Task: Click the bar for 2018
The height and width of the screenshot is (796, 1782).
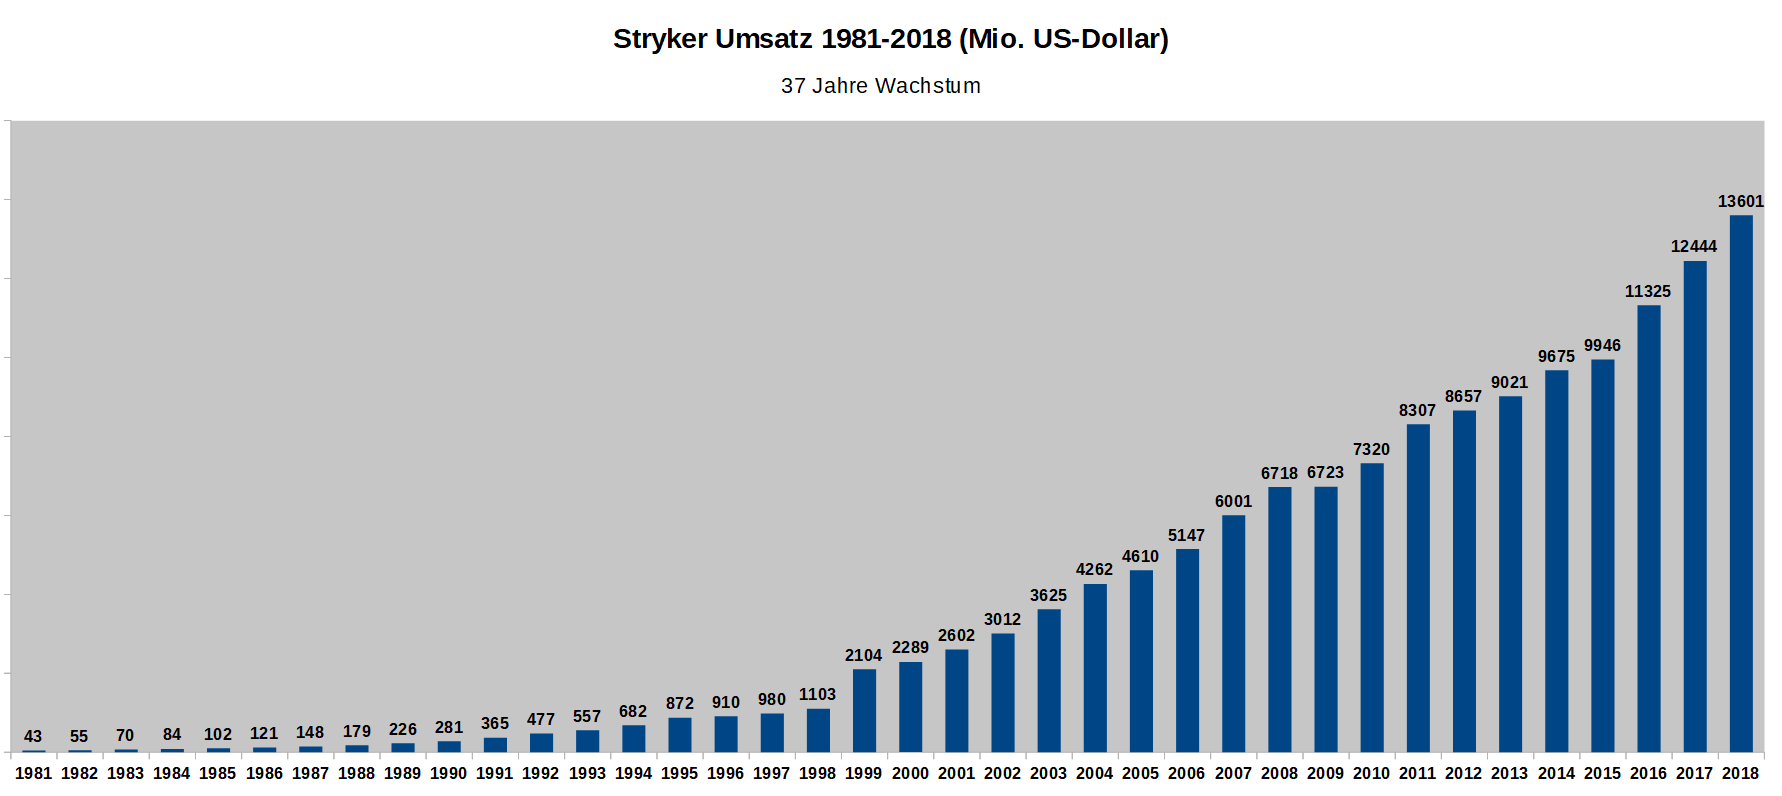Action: coord(1741,484)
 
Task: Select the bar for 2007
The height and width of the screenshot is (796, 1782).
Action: coord(1233,634)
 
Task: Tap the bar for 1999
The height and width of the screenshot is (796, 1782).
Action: coord(864,711)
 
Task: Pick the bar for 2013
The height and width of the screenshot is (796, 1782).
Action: coord(1510,574)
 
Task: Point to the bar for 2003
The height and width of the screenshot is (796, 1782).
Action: coord(1049,681)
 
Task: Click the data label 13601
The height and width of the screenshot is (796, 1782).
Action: coord(1741,202)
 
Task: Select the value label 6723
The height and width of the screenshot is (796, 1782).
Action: coord(1325,473)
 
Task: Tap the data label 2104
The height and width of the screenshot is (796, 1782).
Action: coord(863,656)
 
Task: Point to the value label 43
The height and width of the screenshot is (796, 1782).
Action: coord(33,737)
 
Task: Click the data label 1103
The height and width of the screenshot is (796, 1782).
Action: coord(817,695)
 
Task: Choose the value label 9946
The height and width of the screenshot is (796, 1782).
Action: coord(1602,346)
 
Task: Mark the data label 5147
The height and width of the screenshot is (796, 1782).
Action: coord(1187,536)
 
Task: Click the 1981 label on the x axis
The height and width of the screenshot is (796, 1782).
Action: coord(33,774)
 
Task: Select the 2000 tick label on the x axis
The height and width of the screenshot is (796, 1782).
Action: coord(910,774)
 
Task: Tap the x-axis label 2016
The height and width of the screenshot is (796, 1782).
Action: coord(1648,774)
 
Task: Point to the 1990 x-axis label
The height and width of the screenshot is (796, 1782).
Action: coord(449,774)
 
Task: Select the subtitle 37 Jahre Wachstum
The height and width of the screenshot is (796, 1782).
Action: coord(880,87)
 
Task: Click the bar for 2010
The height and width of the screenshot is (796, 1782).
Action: coord(1372,608)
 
